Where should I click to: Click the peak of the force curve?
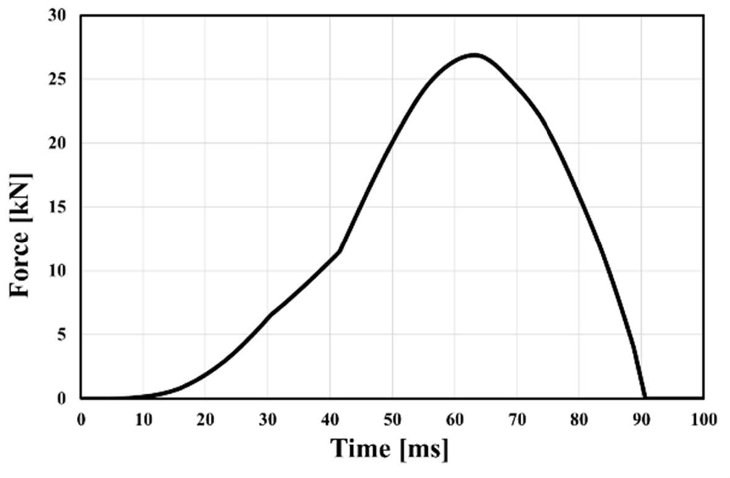point(474,55)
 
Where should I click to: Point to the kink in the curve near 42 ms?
point(339,250)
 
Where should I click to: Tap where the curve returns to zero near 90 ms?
point(645,397)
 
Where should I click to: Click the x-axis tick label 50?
point(392,419)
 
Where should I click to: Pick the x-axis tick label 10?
point(143,419)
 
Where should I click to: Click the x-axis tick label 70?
point(516,419)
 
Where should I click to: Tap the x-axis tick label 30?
point(267,419)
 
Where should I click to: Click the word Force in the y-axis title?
point(20,263)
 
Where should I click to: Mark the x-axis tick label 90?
point(641,419)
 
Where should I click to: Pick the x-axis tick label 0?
point(81,419)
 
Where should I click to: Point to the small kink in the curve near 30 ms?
point(270,315)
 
